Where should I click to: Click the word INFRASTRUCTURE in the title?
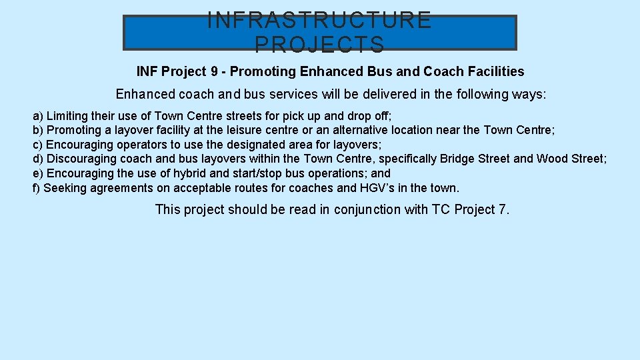click(320, 21)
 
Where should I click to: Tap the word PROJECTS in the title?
click(320, 45)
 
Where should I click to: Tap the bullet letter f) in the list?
click(37, 188)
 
